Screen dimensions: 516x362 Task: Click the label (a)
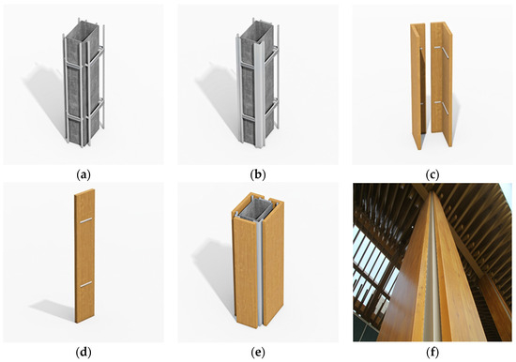click(x=83, y=174)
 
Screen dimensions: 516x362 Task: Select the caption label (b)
click(x=258, y=174)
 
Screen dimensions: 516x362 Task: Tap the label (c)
click(x=433, y=174)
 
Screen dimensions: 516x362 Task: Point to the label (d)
click(x=83, y=353)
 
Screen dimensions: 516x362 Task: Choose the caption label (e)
click(x=258, y=353)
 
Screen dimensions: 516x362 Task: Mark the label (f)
click(x=433, y=353)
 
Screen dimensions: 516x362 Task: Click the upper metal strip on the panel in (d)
click(x=86, y=220)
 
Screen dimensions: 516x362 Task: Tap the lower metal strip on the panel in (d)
click(x=86, y=284)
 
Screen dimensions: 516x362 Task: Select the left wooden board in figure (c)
click(x=417, y=86)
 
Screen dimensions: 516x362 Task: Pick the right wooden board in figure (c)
click(x=442, y=83)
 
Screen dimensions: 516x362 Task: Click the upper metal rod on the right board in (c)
click(x=442, y=52)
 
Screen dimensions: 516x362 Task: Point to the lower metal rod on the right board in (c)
click(x=442, y=108)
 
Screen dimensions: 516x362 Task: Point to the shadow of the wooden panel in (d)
click(x=53, y=309)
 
